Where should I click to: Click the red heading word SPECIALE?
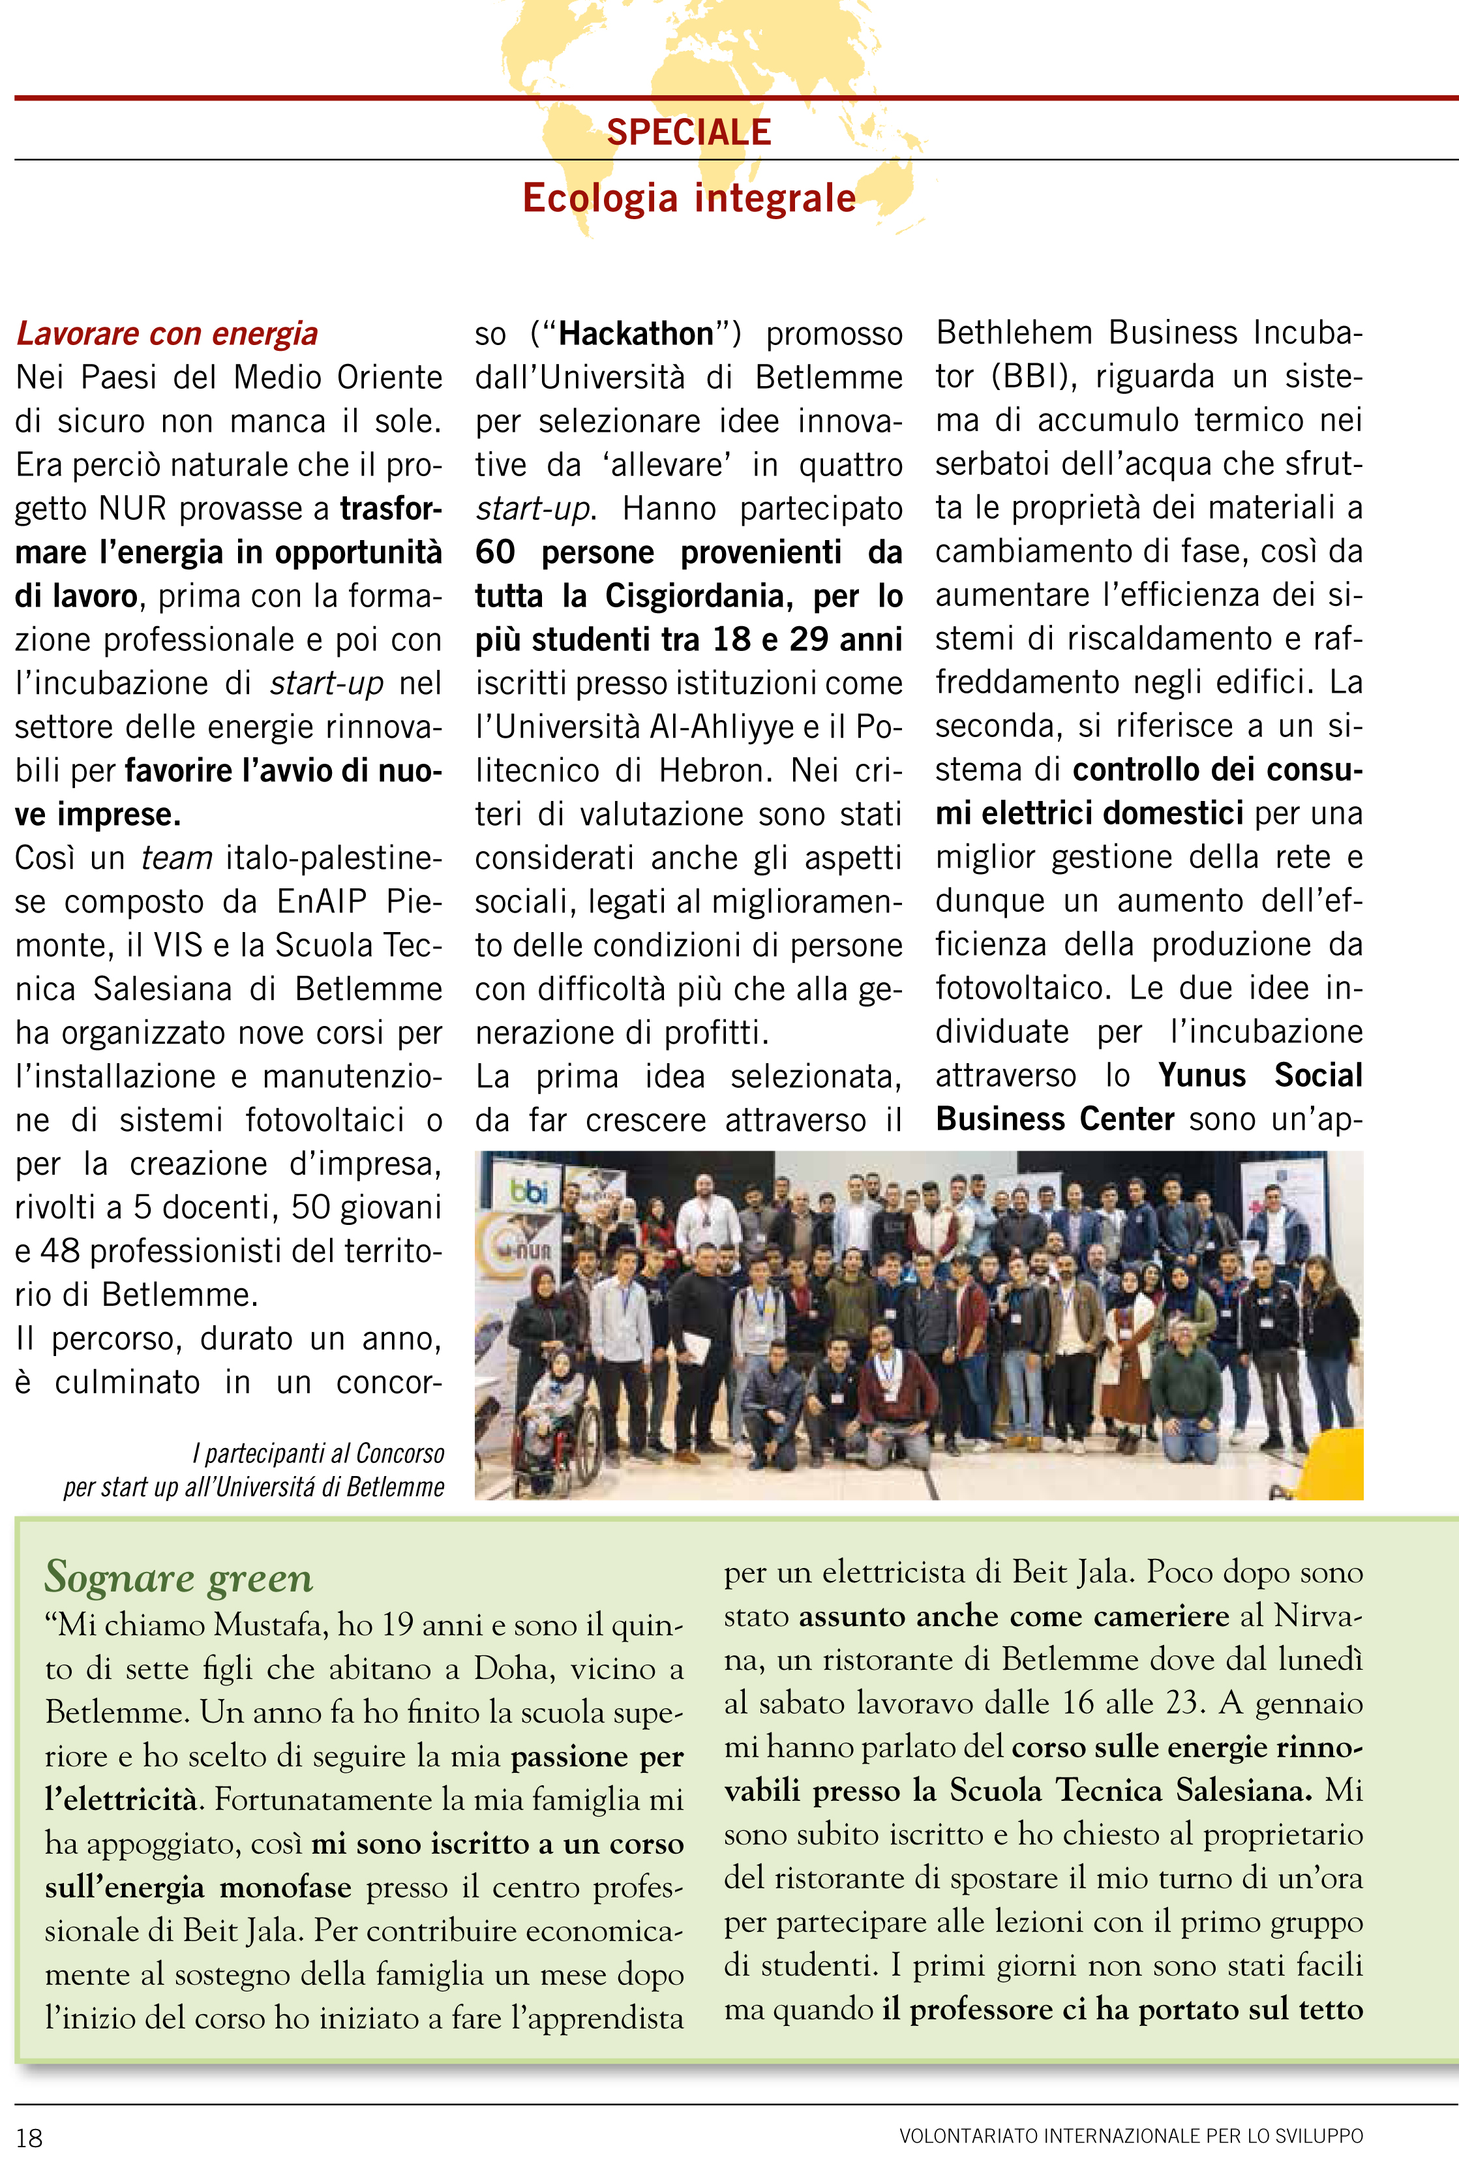[689, 132]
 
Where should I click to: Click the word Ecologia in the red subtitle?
[599, 199]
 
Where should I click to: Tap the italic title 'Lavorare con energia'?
[167, 333]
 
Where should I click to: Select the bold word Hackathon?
[636, 333]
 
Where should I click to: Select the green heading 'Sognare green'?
[179, 1577]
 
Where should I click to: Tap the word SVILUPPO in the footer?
[1319, 2135]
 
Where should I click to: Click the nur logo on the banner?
[532, 1250]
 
